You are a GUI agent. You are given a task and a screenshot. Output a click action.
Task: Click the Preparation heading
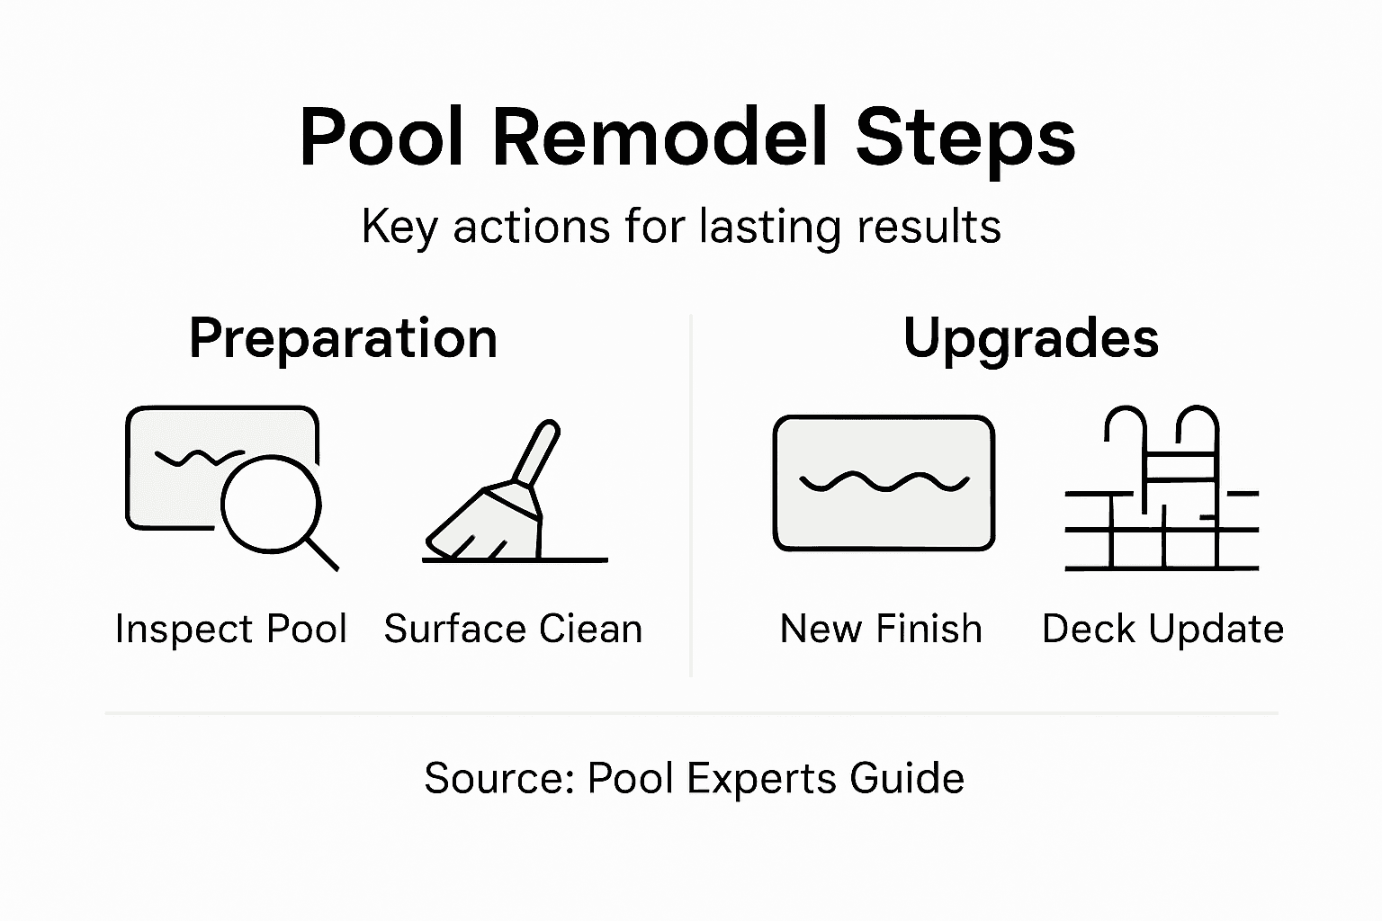point(343,338)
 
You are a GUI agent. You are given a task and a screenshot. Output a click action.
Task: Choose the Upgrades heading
point(1030,338)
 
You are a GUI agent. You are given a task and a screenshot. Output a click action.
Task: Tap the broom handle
point(537,453)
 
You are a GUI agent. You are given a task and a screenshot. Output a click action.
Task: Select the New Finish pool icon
point(884,483)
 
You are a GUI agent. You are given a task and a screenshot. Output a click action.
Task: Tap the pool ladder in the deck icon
point(1161,459)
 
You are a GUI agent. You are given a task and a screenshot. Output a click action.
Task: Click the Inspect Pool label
point(231,629)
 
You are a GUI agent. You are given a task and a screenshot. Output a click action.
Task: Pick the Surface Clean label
point(513,629)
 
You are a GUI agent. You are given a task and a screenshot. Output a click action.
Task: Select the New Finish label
point(881,629)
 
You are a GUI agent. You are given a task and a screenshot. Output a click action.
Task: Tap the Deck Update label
point(1162,629)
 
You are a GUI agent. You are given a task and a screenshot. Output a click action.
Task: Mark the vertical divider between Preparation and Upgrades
point(690,495)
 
